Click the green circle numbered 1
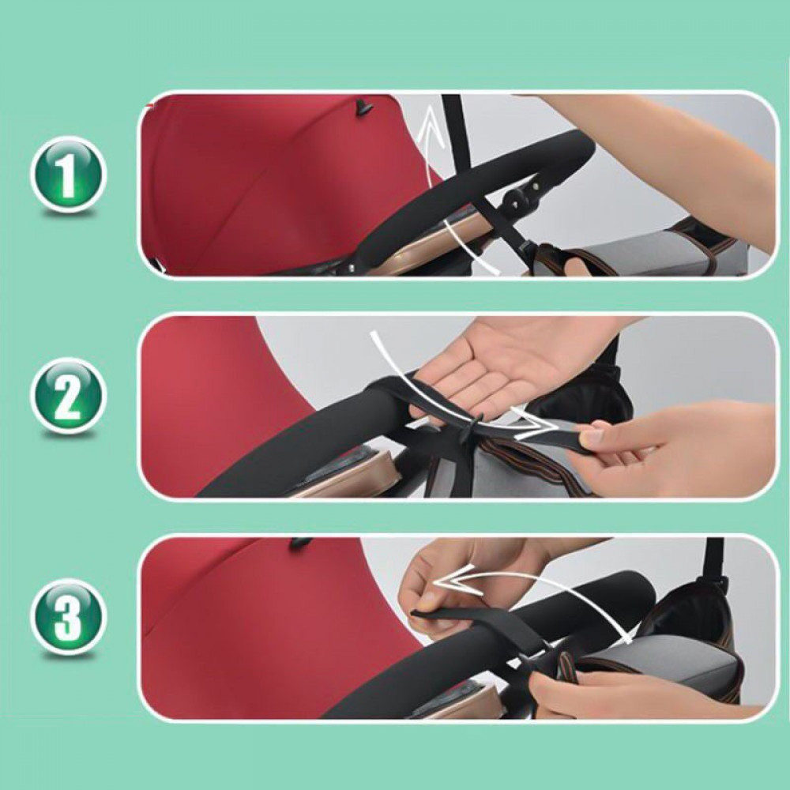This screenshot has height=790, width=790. tap(67, 175)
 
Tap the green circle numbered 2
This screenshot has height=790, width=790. tap(67, 394)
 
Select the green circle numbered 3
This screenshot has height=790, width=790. tap(67, 615)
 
